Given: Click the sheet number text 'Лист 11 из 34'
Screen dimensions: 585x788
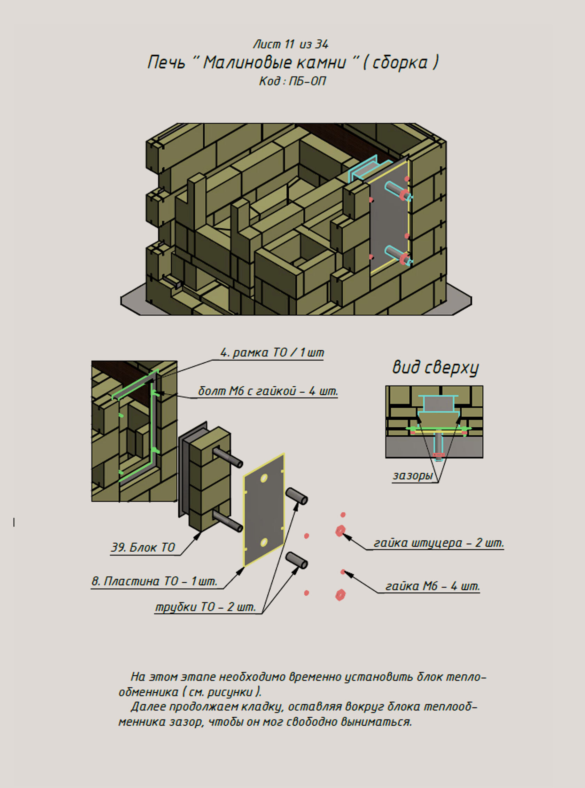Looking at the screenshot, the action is pos(291,44).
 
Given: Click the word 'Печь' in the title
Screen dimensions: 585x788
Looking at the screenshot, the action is pos(166,63).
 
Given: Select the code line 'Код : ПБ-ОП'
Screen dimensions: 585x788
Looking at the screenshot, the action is pos(292,81).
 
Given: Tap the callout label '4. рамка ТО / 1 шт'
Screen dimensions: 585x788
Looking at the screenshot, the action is pos(272,353).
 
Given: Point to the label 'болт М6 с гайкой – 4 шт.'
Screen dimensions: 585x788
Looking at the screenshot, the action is pos(268,391).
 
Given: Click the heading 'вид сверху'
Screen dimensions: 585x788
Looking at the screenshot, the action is pos(435,368).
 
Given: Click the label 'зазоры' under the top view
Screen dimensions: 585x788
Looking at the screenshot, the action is pos(413,475).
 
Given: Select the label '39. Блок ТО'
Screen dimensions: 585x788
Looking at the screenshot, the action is pos(143,547).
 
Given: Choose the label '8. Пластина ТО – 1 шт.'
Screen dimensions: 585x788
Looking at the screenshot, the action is pos(154,581).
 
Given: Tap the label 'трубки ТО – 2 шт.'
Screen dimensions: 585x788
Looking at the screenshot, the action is pos(205,607).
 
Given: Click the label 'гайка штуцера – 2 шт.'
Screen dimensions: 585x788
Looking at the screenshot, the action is pos(438,543).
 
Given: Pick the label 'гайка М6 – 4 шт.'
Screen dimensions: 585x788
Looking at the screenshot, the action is pos(432,586).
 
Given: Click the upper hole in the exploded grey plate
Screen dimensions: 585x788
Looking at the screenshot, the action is pos(264,479).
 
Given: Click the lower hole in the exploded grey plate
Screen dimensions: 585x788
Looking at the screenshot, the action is pos(264,543).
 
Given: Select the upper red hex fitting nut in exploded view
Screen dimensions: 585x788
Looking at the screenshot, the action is pos(340,531).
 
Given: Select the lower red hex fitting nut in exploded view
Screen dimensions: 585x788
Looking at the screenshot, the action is pos(340,595).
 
